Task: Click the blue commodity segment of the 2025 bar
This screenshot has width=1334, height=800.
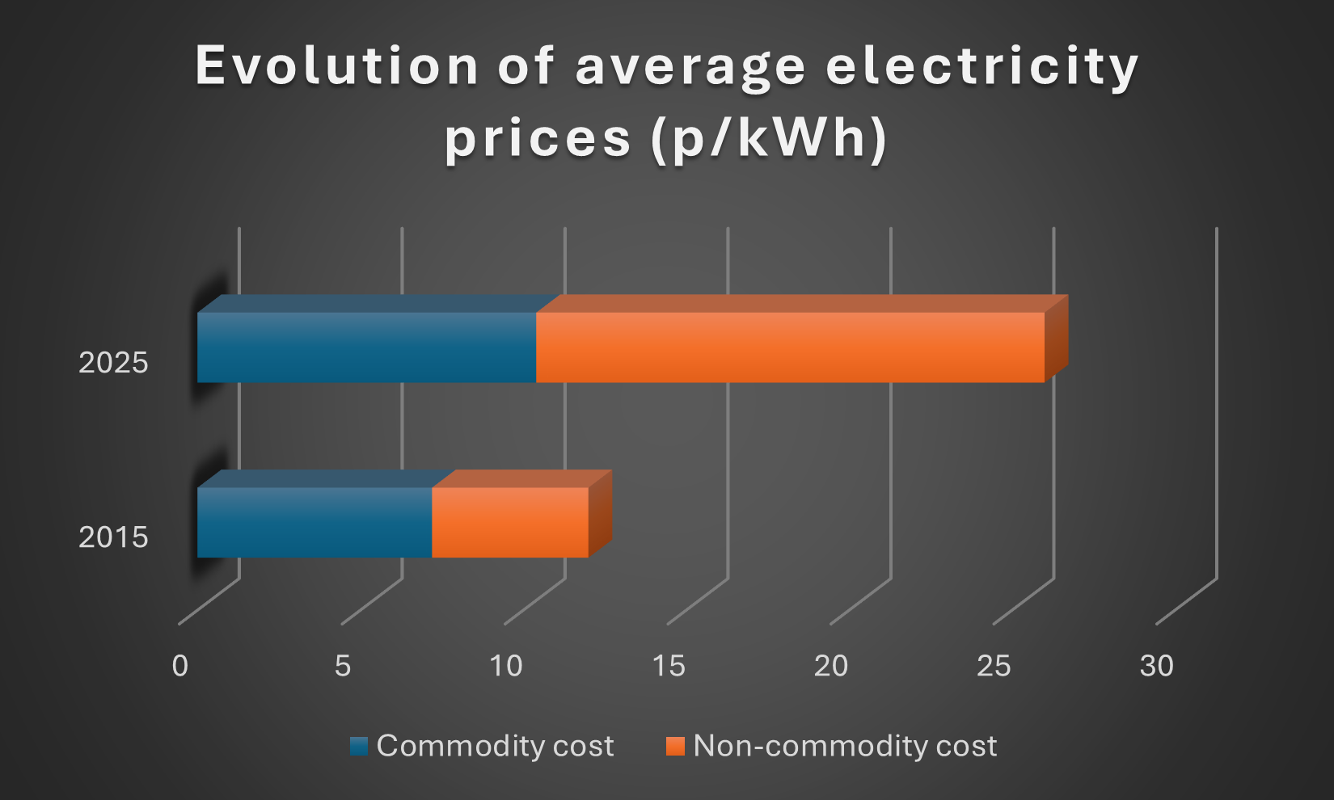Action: coord(366,347)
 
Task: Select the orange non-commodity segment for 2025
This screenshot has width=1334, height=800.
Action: coord(790,347)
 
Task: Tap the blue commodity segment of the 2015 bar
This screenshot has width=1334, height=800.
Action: coord(315,522)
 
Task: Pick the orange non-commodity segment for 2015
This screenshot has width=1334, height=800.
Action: coord(510,522)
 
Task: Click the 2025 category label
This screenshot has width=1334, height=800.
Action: coord(113,363)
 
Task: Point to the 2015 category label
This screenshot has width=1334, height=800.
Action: coord(113,537)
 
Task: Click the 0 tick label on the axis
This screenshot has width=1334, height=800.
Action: coord(180,666)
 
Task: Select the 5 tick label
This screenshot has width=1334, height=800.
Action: coord(343,666)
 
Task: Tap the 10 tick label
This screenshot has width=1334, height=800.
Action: coord(506,666)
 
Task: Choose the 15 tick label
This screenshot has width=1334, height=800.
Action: coord(669,666)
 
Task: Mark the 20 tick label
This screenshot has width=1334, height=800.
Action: coord(831,666)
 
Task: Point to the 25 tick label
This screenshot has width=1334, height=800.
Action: coord(994,666)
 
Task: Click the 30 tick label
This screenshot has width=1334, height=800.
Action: coord(1157,666)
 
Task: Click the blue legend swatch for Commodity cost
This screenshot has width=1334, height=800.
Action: coord(359,746)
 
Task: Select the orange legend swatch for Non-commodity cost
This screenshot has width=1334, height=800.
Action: coord(675,746)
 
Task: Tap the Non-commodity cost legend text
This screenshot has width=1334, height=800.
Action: coord(845,746)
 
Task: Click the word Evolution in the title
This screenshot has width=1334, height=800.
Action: coord(337,66)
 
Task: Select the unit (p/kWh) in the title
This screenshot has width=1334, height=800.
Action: coord(769,139)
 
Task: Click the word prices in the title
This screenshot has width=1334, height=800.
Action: coord(538,139)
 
